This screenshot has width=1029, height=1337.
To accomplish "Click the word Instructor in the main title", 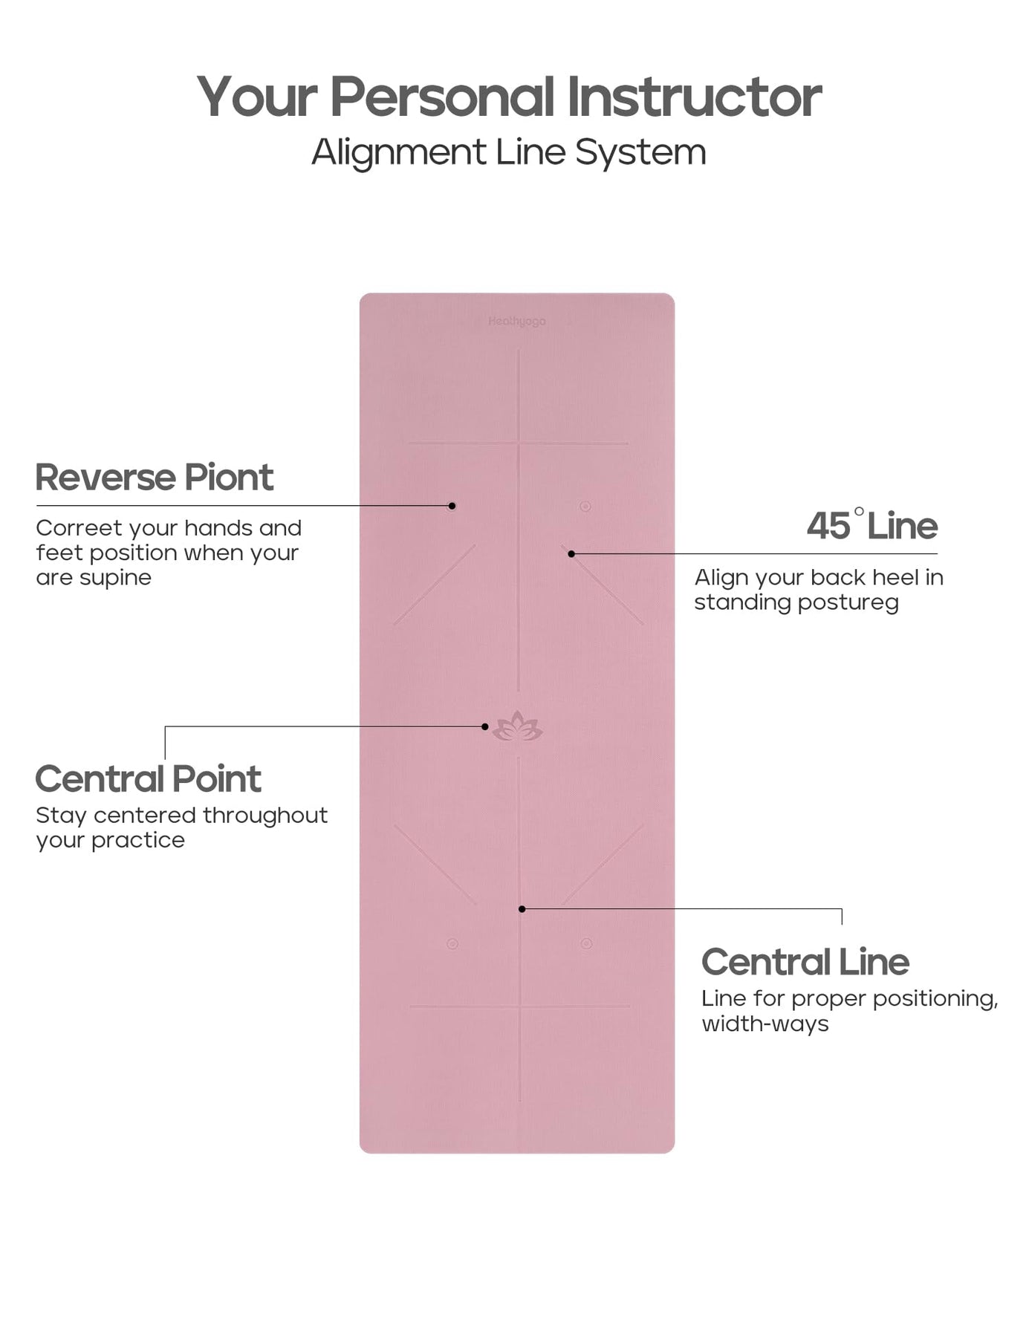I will click(x=694, y=97).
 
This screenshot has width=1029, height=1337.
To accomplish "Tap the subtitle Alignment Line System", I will click(x=508, y=152).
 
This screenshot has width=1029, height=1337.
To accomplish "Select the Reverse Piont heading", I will click(x=155, y=477).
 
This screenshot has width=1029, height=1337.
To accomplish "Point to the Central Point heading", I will click(x=148, y=779).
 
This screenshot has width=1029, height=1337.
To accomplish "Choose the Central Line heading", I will click(x=805, y=962).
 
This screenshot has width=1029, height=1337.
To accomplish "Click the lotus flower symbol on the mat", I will click(x=518, y=726).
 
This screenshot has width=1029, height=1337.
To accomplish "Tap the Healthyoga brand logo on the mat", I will click(x=517, y=322).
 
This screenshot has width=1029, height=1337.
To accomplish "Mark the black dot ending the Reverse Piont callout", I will click(x=452, y=506).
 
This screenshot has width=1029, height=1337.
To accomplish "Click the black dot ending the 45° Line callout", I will click(x=571, y=554).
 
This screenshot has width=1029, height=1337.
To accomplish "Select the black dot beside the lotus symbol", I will click(x=485, y=726).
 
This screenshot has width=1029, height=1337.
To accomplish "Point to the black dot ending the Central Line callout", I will click(x=522, y=908).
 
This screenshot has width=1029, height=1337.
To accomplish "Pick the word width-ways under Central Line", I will click(x=765, y=1024).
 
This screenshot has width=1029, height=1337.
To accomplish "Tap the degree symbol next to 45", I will click(x=859, y=512).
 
